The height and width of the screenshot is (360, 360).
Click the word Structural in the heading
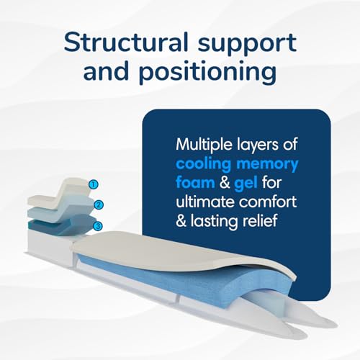point(126,42)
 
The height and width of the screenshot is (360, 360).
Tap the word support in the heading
point(247,45)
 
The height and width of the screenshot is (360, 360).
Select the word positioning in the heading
point(207,72)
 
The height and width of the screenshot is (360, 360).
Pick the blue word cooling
point(204,164)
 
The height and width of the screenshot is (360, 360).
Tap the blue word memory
point(267,166)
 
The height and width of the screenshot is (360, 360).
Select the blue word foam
point(195,183)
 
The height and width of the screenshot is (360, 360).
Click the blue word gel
point(246,184)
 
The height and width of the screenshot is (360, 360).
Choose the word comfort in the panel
point(268,202)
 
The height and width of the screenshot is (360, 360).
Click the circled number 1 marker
point(94,184)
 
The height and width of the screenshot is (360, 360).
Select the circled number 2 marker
point(99,205)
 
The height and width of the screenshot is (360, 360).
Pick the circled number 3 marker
point(98,226)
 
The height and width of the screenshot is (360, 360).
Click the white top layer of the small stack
point(60,196)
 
